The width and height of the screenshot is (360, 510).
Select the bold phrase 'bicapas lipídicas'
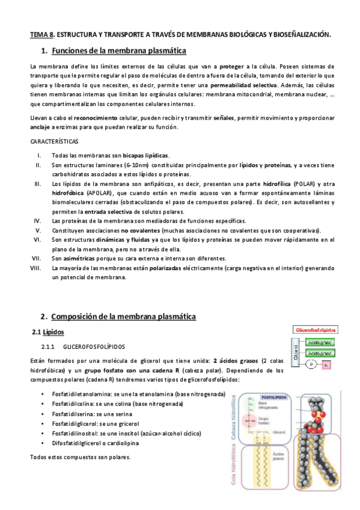coord(147,155)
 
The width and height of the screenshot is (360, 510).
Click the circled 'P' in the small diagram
coord(311,365)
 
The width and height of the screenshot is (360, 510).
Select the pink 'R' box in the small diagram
coord(325,365)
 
